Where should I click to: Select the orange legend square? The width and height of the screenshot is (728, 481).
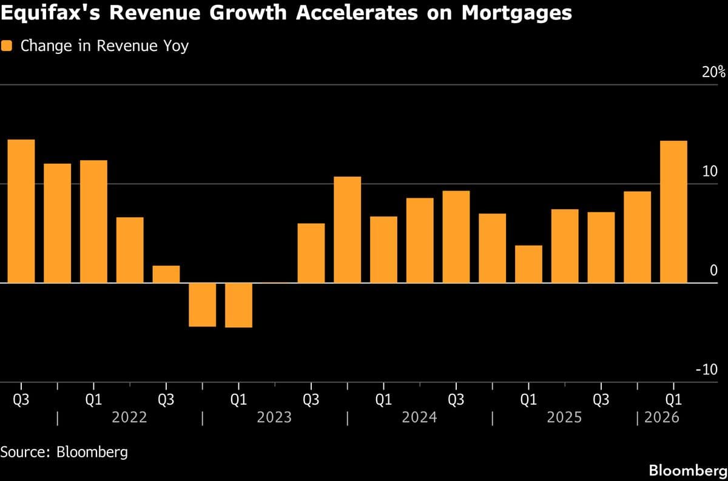coord(7,46)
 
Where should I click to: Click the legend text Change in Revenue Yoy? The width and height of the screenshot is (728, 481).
coord(104,46)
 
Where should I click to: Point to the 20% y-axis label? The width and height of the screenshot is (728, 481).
coord(713,73)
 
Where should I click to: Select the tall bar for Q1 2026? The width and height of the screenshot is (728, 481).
coord(673,212)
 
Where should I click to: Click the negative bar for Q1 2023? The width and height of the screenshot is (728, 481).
coord(238,305)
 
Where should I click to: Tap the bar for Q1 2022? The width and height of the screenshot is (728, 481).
coord(93,221)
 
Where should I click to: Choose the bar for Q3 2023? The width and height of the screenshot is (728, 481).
coord(311,253)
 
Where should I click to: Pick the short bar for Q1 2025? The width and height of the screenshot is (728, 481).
coord(528,264)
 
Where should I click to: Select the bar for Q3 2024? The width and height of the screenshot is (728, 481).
coord(456,237)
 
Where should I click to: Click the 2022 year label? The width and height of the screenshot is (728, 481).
coord(130,418)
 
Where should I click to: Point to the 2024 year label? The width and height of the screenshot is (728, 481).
coord(419,418)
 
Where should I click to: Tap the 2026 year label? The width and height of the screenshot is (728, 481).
coord(662,418)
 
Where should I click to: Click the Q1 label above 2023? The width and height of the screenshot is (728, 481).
coord(238,400)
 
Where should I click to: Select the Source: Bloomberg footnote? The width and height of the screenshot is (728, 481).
coord(64,452)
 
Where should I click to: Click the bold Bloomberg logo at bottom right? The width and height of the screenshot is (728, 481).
coord(686,471)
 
